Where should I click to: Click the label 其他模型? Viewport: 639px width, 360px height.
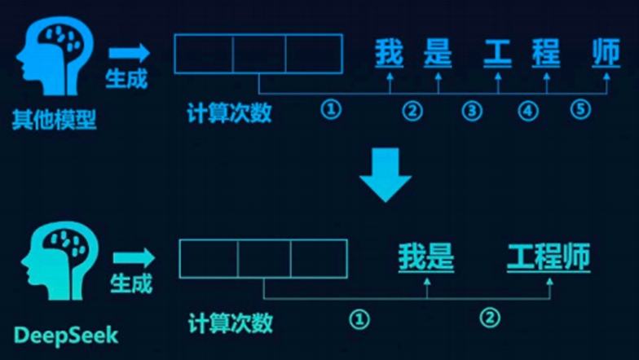click(54, 121)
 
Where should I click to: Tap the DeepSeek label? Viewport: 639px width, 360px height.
click(65, 334)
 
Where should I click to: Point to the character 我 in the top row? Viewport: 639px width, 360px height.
click(390, 54)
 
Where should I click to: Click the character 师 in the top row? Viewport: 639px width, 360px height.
click(606, 54)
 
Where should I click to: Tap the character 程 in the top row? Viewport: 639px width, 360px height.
click(546, 54)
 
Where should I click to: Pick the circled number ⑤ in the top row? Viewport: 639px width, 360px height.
click(580, 110)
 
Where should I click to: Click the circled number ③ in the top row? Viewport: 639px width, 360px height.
click(470, 111)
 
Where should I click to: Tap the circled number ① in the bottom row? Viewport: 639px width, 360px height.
click(359, 318)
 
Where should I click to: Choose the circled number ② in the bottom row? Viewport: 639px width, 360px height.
click(488, 318)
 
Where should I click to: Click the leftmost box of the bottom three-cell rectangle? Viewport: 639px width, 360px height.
click(209, 258)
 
